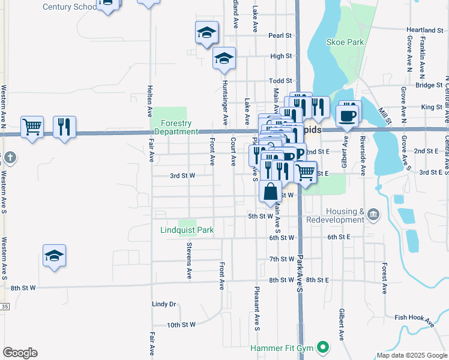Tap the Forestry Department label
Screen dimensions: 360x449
pyautogui.click(x=175, y=127)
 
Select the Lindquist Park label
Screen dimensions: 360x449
pyautogui.click(x=188, y=230)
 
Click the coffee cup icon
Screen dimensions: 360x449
pyautogui.click(x=348, y=115)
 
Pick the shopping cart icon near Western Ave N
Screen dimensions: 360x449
pyautogui.click(x=32, y=127)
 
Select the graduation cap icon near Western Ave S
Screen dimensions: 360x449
pyautogui.click(x=55, y=256)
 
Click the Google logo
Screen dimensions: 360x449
pyautogui.click(x=20, y=353)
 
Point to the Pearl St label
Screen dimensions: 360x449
pyautogui.click(x=280, y=35)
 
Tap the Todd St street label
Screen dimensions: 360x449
pyautogui.click(x=280, y=81)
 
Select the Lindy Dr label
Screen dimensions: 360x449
pyautogui.click(x=164, y=304)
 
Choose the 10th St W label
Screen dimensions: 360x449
pyautogui.click(x=181, y=325)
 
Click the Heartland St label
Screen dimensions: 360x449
pyautogui.click(x=424, y=30)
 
